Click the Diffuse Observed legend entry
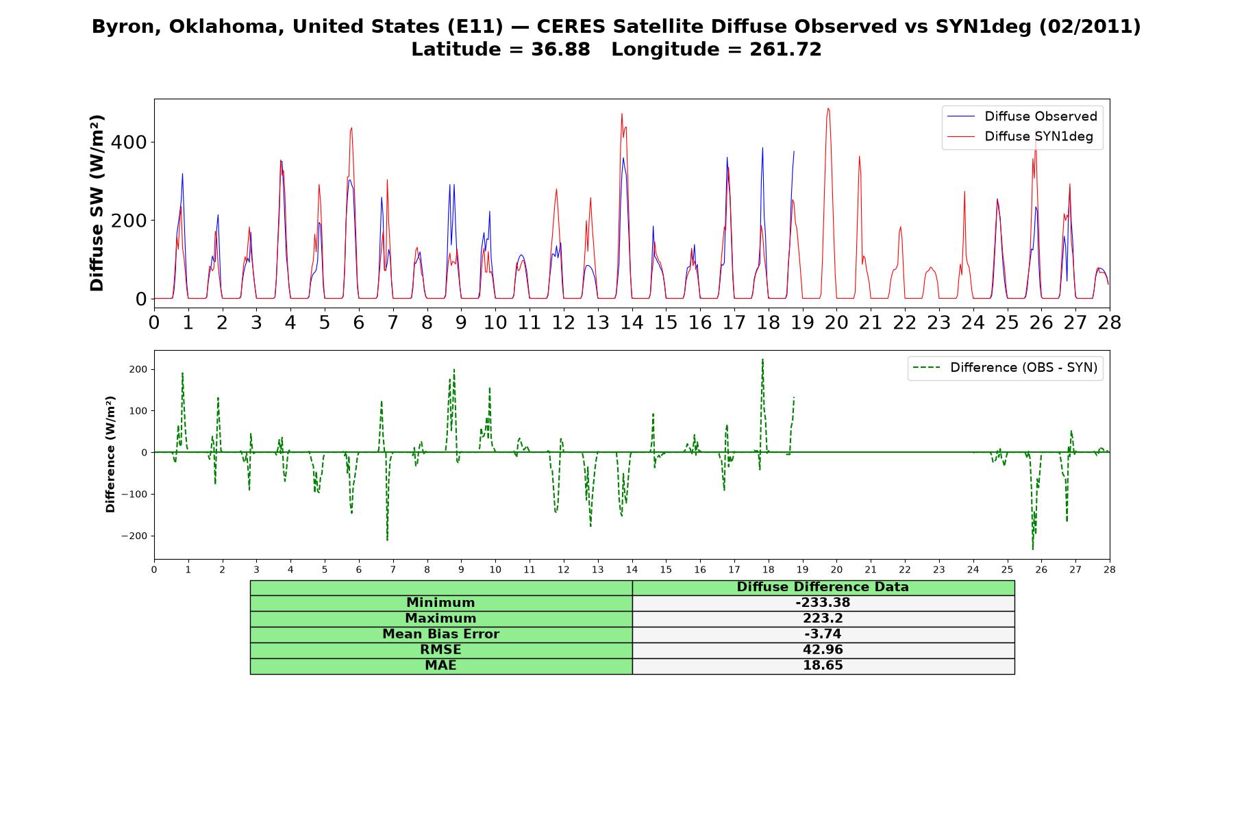point(1022,116)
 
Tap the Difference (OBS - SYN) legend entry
point(1005,368)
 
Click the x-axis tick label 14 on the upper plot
point(632,322)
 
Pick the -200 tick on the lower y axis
point(135,536)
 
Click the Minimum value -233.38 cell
point(823,603)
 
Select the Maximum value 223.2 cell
point(823,619)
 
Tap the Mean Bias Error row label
point(440,634)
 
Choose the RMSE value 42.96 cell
point(823,650)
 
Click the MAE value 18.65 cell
point(823,666)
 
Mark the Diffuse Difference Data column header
point(823,587)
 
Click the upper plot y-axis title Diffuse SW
point(97,203)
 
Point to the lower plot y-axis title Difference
point(110,454)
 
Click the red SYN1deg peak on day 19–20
point(828,108)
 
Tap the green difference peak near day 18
point(762,360)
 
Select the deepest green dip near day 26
point(1033,549)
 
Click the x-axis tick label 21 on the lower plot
point(871,570)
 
